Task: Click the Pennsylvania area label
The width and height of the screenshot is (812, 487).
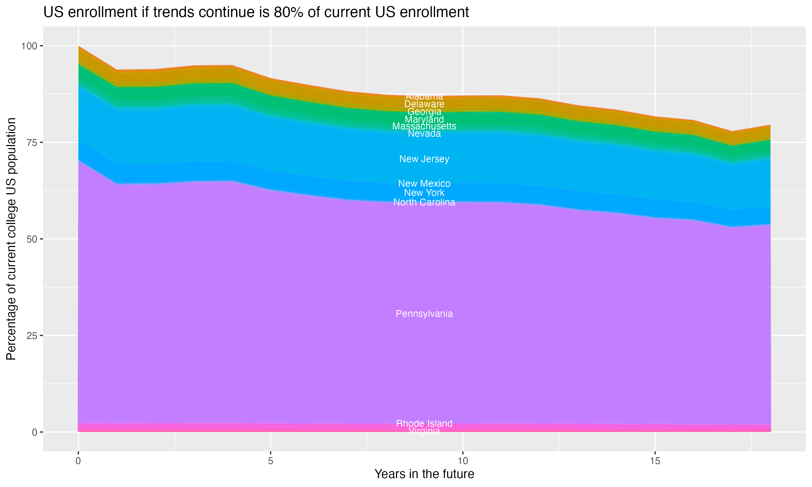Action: [x=424, y=314]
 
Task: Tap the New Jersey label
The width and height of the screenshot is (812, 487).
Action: [x=424, y=159]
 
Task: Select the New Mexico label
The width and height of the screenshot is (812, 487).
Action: [x=424, y=183]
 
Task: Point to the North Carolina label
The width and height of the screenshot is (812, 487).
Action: [x=424, y=202]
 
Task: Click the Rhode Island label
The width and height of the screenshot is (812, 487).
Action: [x=424, y=423]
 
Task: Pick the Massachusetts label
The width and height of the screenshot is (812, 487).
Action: [x=424, y=126]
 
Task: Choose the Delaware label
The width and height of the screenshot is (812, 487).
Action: [x=424, y=104]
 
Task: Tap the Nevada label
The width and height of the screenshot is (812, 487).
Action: [x=424, y=134]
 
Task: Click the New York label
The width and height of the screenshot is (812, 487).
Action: [x=424, y=193]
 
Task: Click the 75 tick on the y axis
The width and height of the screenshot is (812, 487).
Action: [x=32, y=142]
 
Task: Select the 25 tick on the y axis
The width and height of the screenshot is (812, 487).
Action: [x=32, y=335]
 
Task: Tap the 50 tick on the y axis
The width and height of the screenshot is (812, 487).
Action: [x=32, y=239]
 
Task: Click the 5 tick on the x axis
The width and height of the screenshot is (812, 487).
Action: [x=270, y=461]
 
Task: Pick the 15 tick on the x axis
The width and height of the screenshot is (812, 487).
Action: [x=655, y=461]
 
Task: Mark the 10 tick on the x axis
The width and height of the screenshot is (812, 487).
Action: [x=463, y=461]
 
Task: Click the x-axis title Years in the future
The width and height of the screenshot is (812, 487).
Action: [x=424, y=474]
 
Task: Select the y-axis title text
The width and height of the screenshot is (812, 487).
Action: [x=11, y=239]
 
